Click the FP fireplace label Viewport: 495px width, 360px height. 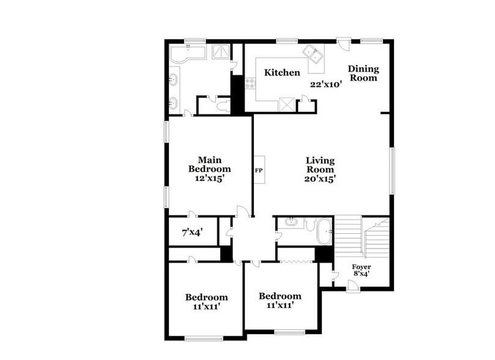click(259, 170)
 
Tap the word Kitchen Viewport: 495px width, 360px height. click(282, 73)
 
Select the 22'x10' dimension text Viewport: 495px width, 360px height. click(325, 84)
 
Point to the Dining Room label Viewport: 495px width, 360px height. click(363, 73)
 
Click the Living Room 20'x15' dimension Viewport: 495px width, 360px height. click(321, 179)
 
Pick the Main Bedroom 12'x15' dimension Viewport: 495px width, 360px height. click(209, 178)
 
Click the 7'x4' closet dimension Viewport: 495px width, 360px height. click(192, 233)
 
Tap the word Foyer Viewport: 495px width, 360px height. click(361, 267)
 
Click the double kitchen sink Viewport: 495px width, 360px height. click(314, 54)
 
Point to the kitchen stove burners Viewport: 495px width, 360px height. click(250, 84)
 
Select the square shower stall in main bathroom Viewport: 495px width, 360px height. click(220, 51)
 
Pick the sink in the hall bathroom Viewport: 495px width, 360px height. click(291, 222)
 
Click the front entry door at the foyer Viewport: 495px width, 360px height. click(352, 286)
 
